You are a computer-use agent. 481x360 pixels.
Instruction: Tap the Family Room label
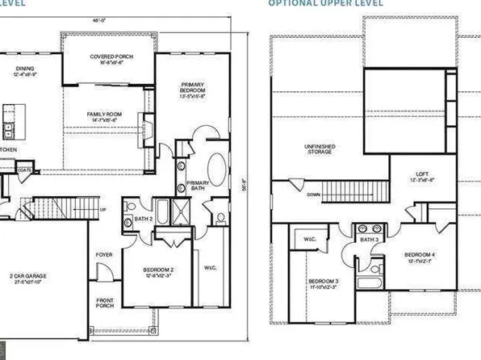tap(104, 115)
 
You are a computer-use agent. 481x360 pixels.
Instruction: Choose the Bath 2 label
tap(146, 219)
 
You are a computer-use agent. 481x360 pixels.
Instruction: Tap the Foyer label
tap(104, 254)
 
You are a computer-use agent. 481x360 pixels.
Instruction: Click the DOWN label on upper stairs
tap(315, 195)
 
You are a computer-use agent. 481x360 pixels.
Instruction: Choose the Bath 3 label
tap(369, 240)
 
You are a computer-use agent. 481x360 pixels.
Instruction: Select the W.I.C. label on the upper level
tap(309, 240)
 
